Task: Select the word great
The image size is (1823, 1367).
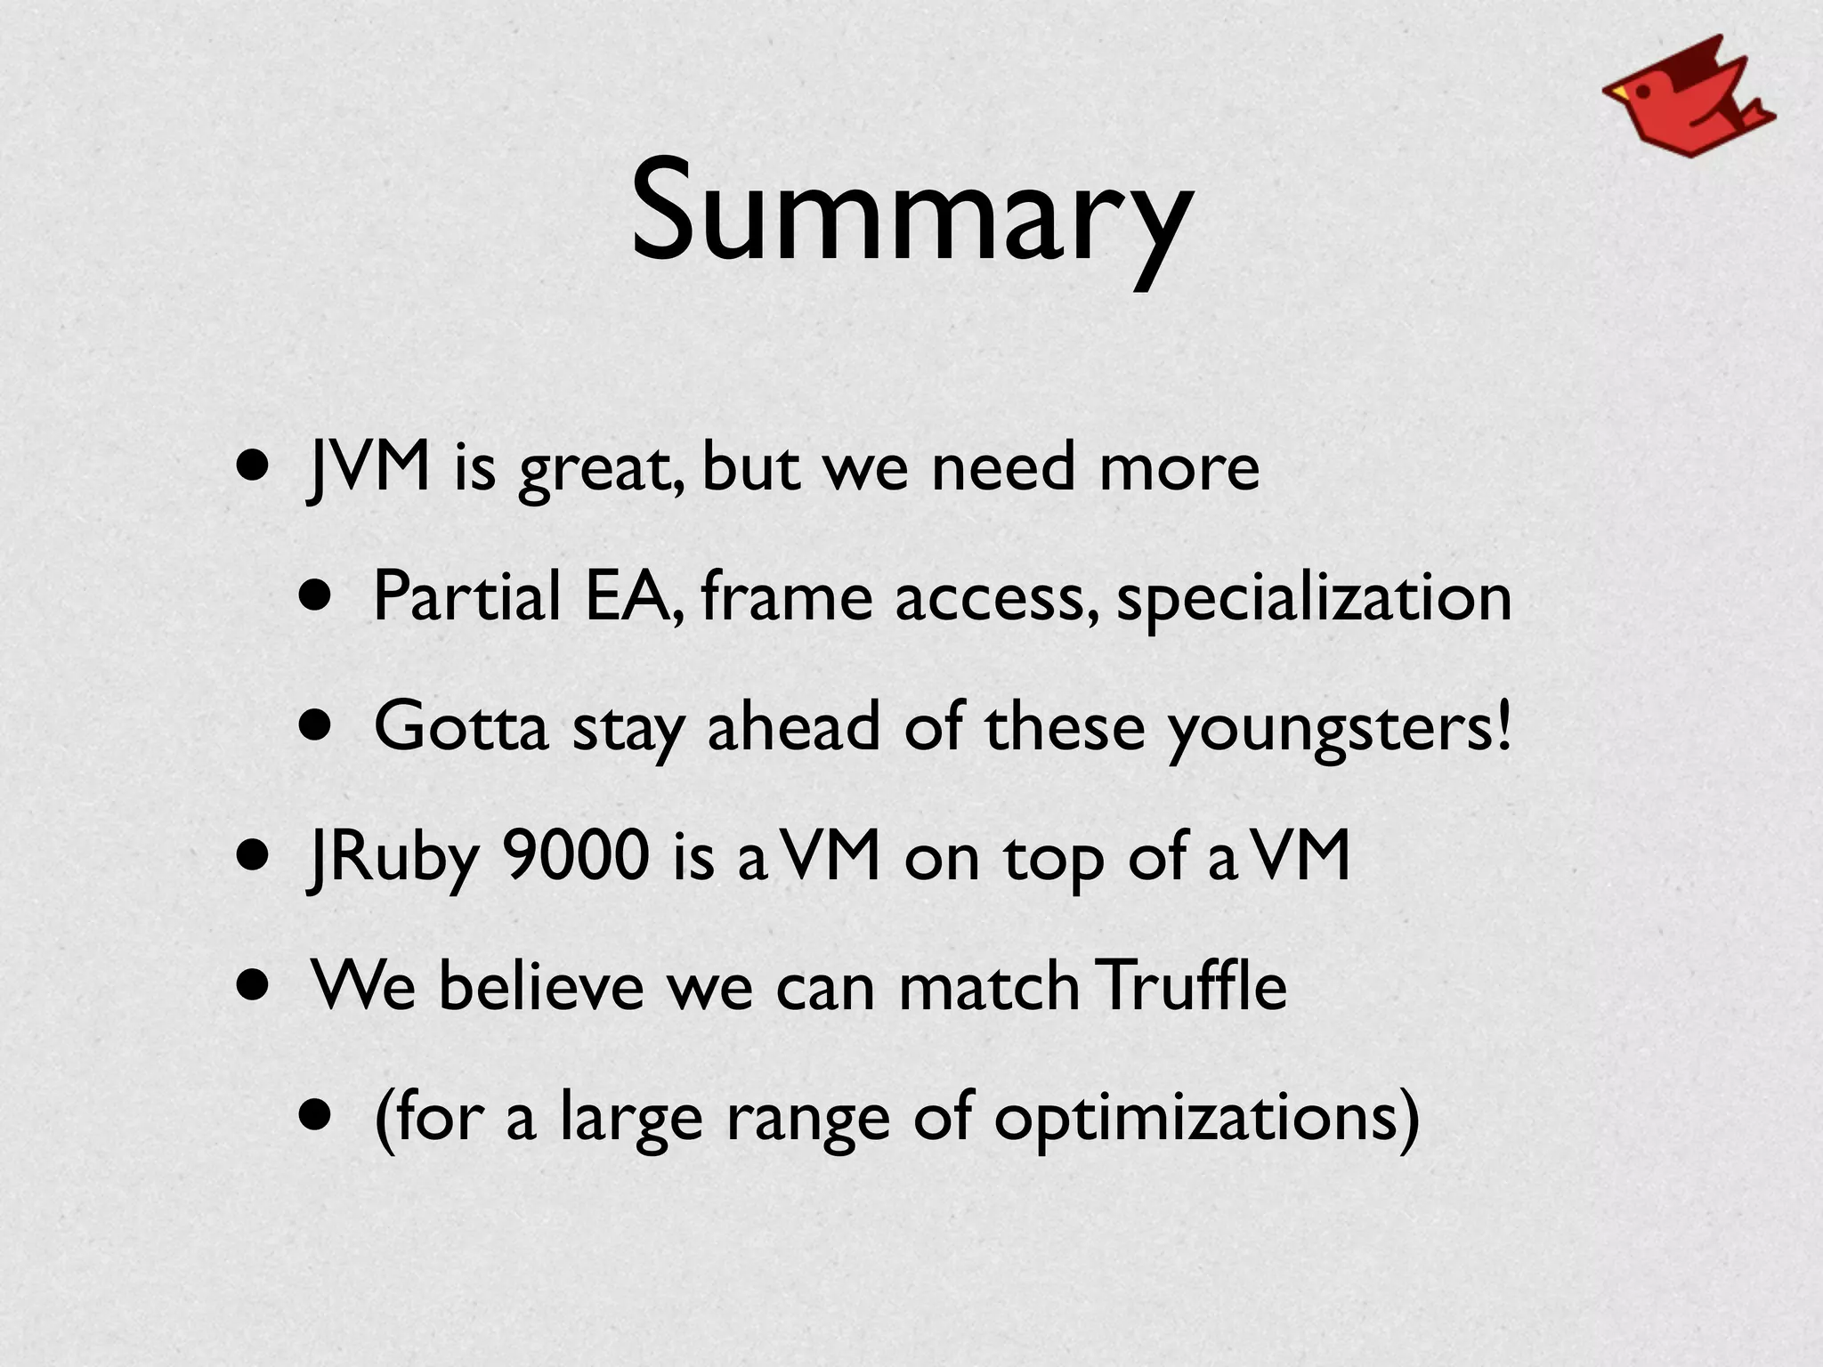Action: [x=602, y=469]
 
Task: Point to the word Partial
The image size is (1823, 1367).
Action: [x=466, y=595]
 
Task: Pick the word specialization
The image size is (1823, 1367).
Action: [x=1314, y=597]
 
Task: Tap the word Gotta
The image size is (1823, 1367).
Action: [x=460, y=725]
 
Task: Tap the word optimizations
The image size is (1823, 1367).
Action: [x=1205, y=1117]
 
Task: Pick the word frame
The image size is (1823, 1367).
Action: [x=786, y=595]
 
